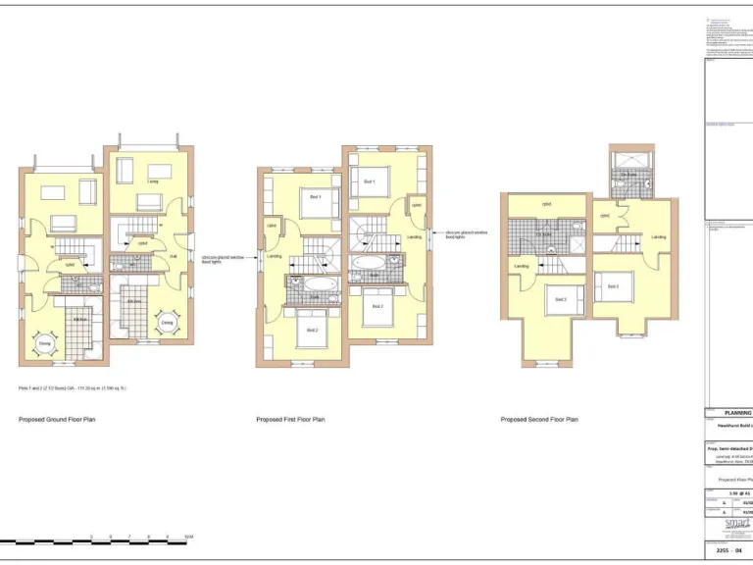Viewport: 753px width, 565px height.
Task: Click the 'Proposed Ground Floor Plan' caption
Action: click(57, 419)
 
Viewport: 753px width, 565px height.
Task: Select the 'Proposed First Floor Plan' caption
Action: click(290, 419)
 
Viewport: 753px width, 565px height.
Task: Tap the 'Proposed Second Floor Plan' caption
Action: click(539, 419)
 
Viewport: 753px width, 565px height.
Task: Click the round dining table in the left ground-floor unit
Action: click(45, 344)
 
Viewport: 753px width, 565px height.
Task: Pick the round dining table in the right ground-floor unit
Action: click(167, 323)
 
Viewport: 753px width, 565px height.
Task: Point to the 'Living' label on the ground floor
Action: click(153, 182)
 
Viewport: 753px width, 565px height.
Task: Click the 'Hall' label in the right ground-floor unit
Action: click(174, 256)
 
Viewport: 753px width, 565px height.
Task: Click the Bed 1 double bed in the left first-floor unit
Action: click(316, 200)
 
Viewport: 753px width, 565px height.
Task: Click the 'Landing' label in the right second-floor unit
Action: click(659, 236)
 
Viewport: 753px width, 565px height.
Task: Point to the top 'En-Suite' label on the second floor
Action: click(627, 175)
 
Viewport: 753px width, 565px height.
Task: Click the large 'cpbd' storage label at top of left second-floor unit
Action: click(544, 205)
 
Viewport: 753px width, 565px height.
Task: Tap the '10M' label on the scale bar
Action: click(188, 537)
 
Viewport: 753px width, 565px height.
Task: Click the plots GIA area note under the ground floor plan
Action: click(73, 387)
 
